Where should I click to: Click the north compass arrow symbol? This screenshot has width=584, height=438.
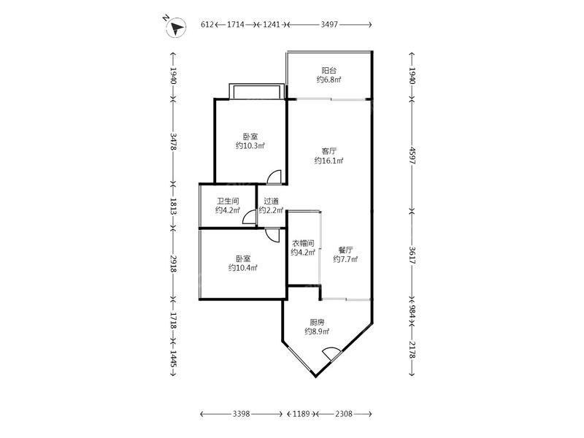click(x=176, y=27)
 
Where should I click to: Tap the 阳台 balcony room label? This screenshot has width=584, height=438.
click(x=329, y=70)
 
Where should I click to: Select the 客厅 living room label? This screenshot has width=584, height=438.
click(x=329, y=151)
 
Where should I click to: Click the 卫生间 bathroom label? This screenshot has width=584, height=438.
click(x=228, y=201)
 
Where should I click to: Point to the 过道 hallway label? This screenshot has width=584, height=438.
click(x=271, y=201)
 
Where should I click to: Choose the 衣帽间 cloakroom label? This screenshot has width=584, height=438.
click(x=303, y=243)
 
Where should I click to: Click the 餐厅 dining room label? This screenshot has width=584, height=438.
click(x=345, y=250)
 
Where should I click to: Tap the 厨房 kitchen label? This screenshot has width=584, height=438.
click(x=317, y=322)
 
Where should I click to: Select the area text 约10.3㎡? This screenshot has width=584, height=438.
click(x=250, y=145)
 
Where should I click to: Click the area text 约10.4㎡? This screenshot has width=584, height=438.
click(x=243, y=268)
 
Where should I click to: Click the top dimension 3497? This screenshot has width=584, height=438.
click(x=329, y=25)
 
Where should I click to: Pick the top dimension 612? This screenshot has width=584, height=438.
click(x=207, y=25)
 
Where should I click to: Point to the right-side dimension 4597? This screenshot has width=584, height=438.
click(x=412, y=155)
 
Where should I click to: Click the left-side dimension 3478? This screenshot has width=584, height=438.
click(x=173, y=142)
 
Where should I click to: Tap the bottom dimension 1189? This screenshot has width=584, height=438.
click(x=301, y=414)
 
